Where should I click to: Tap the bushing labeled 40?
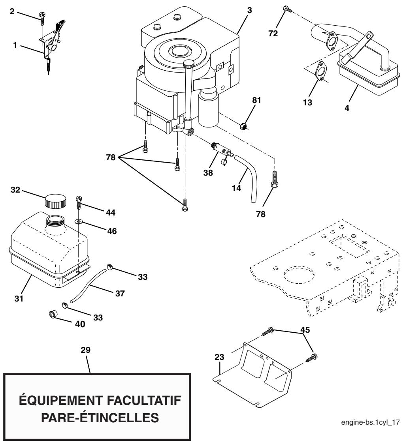click(52, 315)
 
